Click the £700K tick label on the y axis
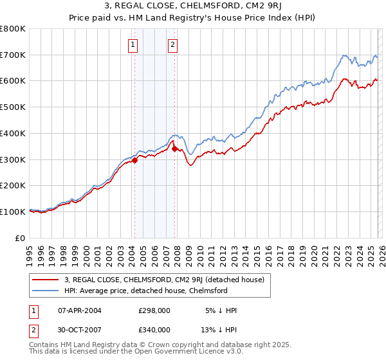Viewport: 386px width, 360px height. (13, 55)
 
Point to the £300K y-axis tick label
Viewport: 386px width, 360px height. (13, 159)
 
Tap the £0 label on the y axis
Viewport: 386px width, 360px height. (21, 238)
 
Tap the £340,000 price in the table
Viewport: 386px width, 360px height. (154, 329)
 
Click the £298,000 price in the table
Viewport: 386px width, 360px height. (154, 310)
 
